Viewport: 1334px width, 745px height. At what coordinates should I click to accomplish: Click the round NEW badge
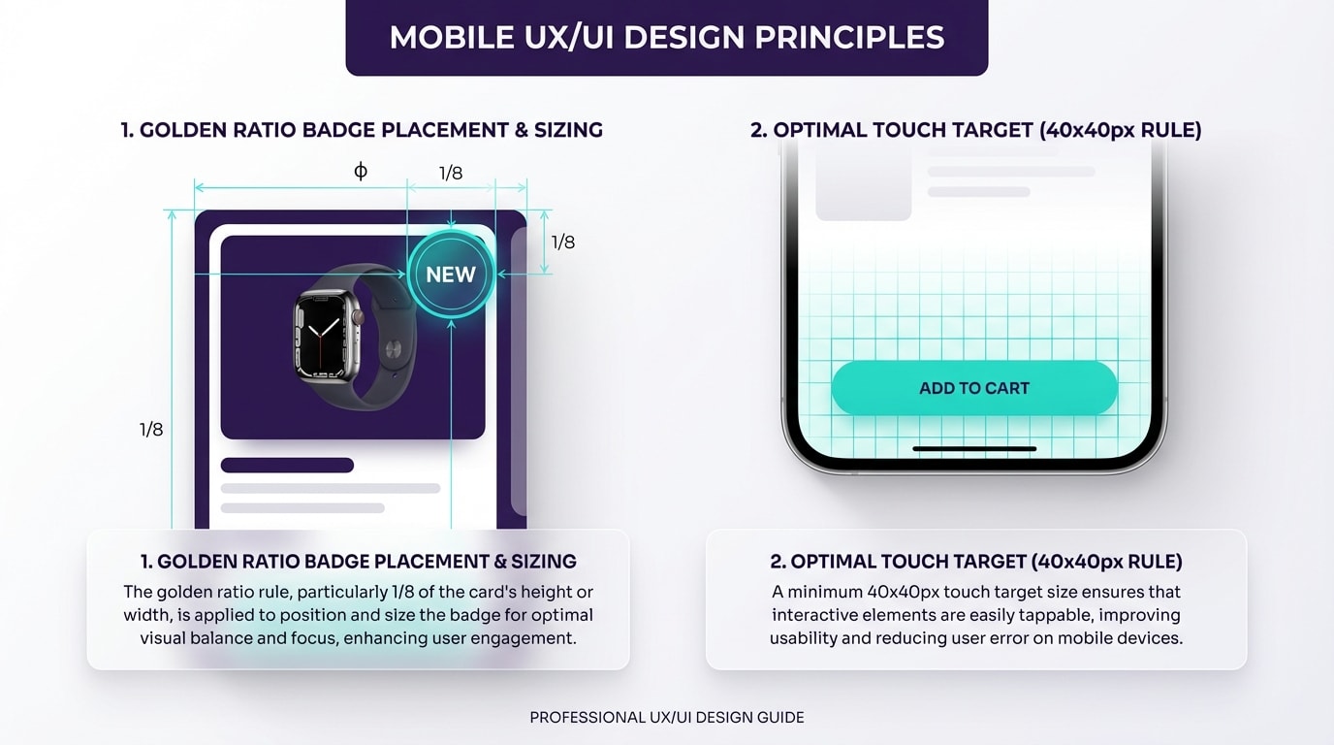[x=451, y=275]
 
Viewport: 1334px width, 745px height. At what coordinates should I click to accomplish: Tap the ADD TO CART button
[x=973, y=388]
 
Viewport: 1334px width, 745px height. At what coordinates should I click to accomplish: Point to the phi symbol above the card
[x=361, y=172]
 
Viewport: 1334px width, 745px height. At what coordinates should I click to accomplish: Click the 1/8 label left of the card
[x=151, y=430]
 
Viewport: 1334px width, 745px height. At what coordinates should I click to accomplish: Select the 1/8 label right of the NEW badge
[x=563, y=243]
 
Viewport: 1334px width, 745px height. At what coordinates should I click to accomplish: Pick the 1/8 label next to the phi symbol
[x=451, y=174]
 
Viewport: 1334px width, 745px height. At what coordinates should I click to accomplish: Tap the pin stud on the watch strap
[x=393, y=347]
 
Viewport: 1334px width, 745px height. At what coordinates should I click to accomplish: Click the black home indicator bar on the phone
[x=974, y=449]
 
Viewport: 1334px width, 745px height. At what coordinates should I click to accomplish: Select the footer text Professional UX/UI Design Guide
[x=666, y=718]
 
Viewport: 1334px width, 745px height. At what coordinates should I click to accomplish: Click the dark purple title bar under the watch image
[x=287, y=466]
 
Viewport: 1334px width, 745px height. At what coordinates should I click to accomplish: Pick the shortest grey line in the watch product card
[x=302, y=507]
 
